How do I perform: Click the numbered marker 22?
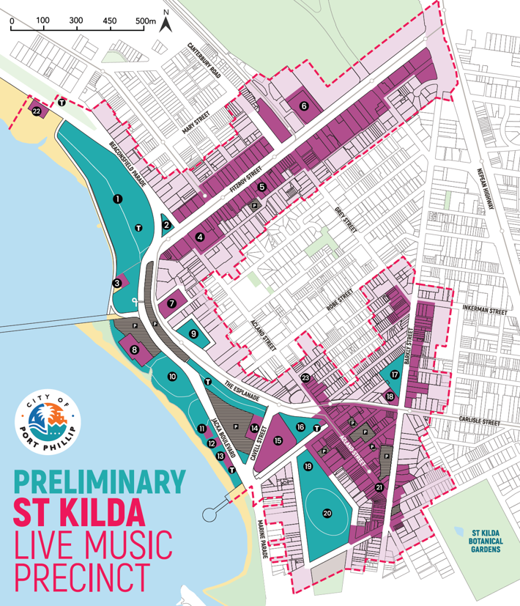point(37,111)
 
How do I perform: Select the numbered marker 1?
point(116,198)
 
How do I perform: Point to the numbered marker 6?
point(304,106)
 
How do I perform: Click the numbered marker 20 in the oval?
point(327,513)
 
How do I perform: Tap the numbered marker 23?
point(305,378)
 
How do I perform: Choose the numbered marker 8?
point(135,350)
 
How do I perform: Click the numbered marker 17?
point(395,374)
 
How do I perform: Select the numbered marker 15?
point(278,440)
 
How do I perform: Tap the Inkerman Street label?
point(484,311)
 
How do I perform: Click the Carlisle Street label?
point(480,422)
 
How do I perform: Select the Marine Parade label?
point(259,538)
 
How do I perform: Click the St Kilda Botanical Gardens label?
point(486,540)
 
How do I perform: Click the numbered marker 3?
point(116,282)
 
